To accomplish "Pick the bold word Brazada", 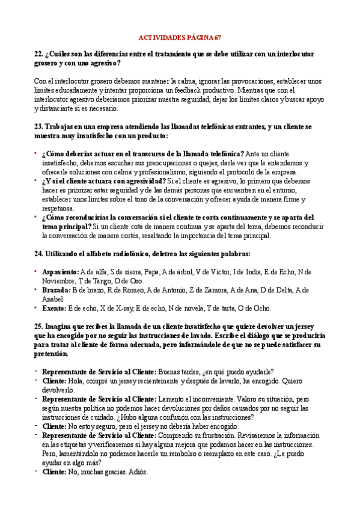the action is tap(56, 290).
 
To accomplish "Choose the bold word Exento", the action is tap(54, 308).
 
